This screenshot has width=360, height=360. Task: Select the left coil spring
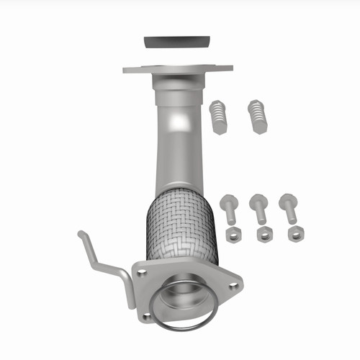tap(220, 117)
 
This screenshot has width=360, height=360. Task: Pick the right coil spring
tap(257, 116)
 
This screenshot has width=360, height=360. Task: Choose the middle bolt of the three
tap(258, 209)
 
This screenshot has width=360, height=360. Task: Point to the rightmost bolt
tap(289, 209)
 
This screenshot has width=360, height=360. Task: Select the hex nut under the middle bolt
tap(263, 234)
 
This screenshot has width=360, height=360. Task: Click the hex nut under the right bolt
tap(294, 234)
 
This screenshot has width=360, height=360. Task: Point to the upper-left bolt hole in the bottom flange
tap(143, 273)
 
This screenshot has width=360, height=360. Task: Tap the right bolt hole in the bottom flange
tap(232, 285)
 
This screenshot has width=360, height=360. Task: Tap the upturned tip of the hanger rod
tap(81, 234)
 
